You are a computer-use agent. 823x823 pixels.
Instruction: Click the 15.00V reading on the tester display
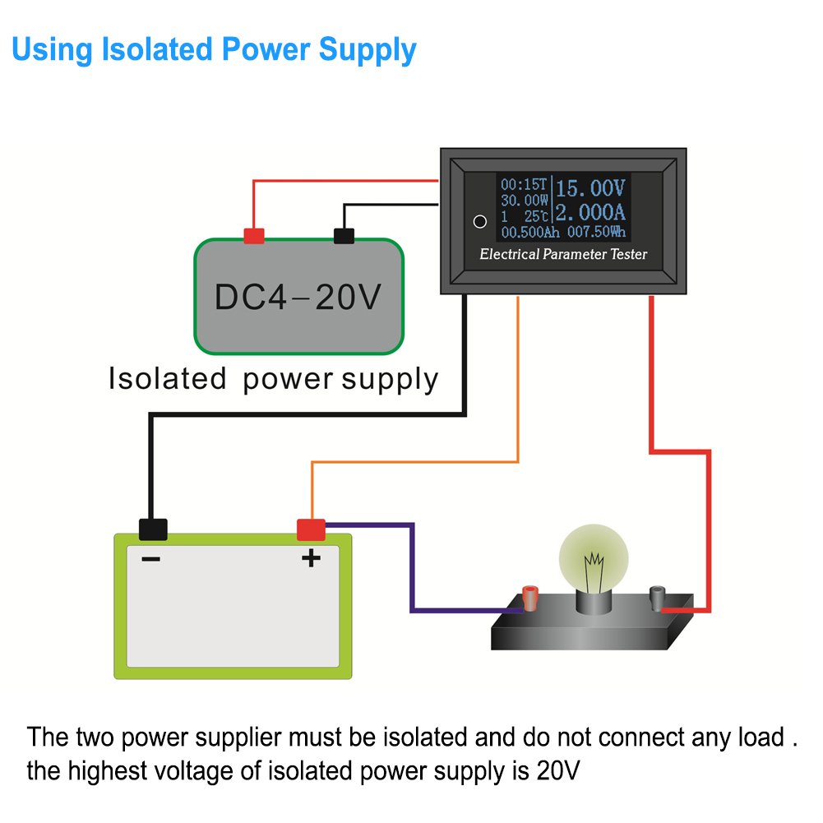pos(590,188)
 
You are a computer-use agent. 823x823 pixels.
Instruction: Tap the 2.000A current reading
pos(590,213)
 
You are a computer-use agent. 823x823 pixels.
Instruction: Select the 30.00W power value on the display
pos(525,201)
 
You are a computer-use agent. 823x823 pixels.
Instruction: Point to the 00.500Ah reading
pos(530,232)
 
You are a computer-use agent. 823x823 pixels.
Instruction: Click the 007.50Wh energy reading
pos(596,232)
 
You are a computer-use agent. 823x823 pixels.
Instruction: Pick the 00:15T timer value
pos(524,184)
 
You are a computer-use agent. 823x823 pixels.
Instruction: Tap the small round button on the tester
pos(479,221)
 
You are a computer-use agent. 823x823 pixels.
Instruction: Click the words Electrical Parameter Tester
pos(563,254)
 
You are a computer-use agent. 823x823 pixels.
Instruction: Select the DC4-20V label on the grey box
pos(298,297)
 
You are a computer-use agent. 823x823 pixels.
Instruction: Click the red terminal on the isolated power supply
pos(254,236)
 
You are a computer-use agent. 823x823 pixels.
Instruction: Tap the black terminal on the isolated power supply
pos(344,236)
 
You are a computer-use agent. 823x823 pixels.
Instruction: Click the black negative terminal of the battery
pos(153,529)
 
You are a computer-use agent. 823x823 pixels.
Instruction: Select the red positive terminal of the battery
pos(312,529)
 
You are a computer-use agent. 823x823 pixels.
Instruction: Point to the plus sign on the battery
pos(312,557)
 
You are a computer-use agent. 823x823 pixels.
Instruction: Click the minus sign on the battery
pos(151,559)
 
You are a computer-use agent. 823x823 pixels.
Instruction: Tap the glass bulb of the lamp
pos(594,558)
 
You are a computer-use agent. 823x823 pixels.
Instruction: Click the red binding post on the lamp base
pos(530,599)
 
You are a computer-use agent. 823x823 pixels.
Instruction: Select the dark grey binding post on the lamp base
pos(657,599)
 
